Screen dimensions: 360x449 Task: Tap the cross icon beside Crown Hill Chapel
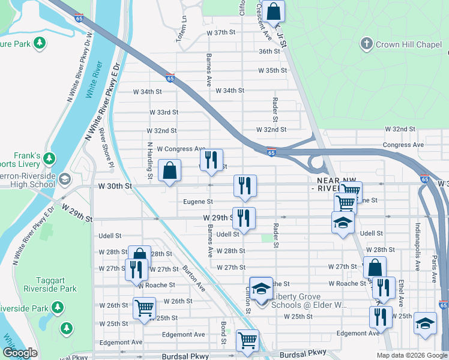366,44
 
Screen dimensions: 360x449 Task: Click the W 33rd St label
164,112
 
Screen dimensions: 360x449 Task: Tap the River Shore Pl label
106,146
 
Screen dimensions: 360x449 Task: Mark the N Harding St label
149,159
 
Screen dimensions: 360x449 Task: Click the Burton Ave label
194,278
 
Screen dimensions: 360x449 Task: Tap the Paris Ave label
433,255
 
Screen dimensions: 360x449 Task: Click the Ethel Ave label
401,293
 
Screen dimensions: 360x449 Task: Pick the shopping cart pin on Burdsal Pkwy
247,341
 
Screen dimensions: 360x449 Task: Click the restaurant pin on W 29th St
244,218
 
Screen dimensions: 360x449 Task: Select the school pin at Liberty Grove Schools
261,289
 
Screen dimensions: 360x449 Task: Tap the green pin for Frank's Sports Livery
49,160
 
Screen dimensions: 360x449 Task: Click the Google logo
20,353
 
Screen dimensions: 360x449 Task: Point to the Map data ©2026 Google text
412,355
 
